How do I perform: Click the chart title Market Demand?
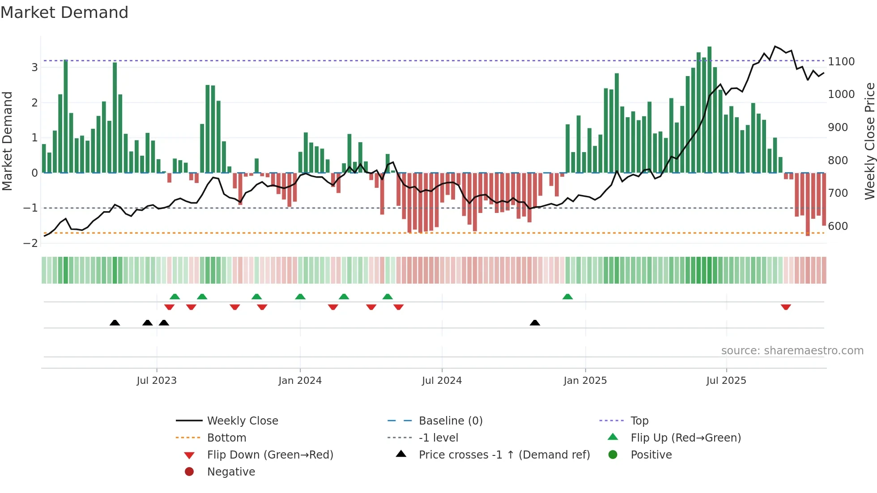click(64, 13)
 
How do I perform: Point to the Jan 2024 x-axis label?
click(300, 380)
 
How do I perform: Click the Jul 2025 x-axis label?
click(726, 380)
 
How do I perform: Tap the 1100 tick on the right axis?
click(841, 61)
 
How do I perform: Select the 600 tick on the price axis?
click(838, 226)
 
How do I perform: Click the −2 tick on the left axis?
click(30, 243)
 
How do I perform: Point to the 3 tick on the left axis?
click(34, 67)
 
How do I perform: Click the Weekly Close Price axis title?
click(869, 141)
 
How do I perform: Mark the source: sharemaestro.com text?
click(792, 350)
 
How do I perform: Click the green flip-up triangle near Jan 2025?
click(567, 297)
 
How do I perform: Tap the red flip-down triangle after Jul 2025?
click(786, 307)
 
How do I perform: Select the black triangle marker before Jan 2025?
click(535, 323)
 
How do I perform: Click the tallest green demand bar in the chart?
click(709, 110)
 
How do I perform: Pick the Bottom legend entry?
click(226, 438)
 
